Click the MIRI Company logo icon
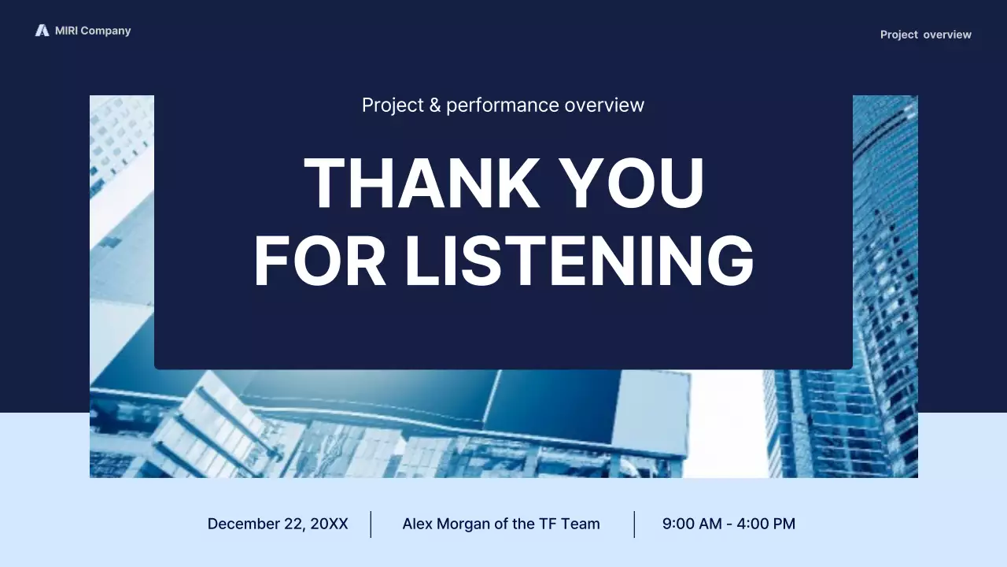pos(42,31)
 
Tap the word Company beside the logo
pos(105,31)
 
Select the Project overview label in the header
pos(925,35)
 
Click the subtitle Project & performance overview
pos(503,105)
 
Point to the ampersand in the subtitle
pos(435,105)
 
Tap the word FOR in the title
pos(320,261)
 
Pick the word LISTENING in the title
pos(579,261)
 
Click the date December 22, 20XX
pos(277,524)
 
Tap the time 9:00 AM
pos(692,524)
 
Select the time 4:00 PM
pos(765,524)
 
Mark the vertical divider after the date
pos(371,524)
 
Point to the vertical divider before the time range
pos(634,524)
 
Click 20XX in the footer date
pos(329,524)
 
